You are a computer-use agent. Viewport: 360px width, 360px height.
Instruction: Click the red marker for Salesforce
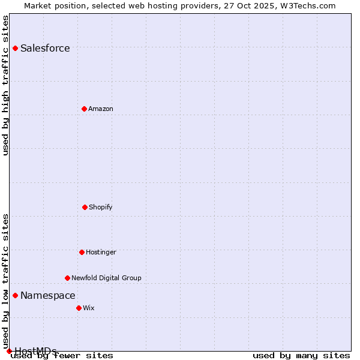pyautogui.click(x=15, y=48)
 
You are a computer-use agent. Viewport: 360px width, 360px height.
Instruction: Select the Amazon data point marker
pyautogui.click(x=84, y=109)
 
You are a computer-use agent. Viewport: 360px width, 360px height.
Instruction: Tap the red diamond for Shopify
pyautogui.click(x=85, y=207)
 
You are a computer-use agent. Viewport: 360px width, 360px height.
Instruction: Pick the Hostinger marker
pyautogui.click(x=82, y=252)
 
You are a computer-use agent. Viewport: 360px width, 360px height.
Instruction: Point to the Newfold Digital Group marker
pyautogui.click(x=67, y=278)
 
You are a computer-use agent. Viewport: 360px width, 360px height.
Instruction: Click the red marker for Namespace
pyautogui.click(x=15, y=295)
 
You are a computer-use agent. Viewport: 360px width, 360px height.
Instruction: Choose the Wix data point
pyautogui.click(x=79, y=308)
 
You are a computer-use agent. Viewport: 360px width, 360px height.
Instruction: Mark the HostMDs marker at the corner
pyautogui.click(x=9, y=351)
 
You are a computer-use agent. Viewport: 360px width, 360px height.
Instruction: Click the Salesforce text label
pyautogui.click(x=45, y=49)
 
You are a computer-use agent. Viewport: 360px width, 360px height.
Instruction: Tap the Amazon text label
pyautogui.click(x=101, y=109)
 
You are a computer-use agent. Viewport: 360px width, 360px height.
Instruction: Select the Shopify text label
pyautogui.click(x=101, y=208)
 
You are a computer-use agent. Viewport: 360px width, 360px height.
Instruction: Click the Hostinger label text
pyautogui.click(x=101, y=253)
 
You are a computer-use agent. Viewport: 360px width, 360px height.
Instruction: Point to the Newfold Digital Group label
pyautogui.click(x=106, y=278)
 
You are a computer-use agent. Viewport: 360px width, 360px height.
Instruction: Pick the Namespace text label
pyautogui.click(x=48, y=296)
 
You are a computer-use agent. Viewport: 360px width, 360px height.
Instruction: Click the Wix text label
pyautogui.click(x=89, y=308)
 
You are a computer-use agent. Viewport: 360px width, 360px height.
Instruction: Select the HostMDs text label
pyautogui.click(x=35, y=351)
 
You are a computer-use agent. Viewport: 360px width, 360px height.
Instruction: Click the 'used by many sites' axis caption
pyautogui.click(x=301, y=356)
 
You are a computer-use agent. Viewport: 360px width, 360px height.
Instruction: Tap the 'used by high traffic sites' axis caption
pyautogui.click(x=6, y=85)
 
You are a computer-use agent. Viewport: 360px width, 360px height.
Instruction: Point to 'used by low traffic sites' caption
pyautogui.click(x=6, y=281)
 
